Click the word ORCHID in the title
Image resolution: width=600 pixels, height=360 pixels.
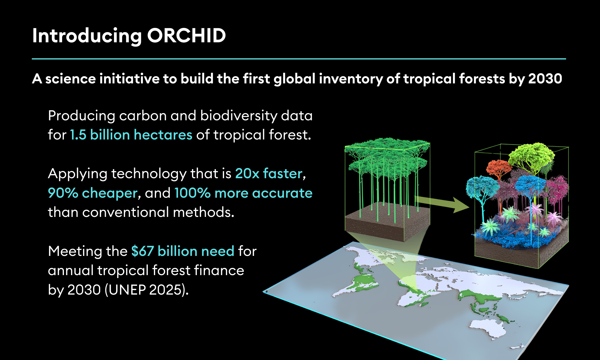tap(186, 36)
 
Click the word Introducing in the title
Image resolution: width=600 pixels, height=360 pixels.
tap(87, 36)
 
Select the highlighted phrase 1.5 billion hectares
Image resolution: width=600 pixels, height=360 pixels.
tap(131, 135)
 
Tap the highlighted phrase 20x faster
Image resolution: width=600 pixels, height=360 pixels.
tap(268, 173)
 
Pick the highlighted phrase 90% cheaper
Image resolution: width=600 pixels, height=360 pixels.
tap(93, 193)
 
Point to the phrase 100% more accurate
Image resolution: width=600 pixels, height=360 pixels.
tap(243, 193)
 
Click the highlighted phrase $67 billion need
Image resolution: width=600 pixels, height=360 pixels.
tap(183, 251)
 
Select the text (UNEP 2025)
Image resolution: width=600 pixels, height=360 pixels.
tap(147, 290)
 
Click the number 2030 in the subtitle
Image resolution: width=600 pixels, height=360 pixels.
tap(545, 79)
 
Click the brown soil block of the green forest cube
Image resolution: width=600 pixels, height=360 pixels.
tap(387, 222)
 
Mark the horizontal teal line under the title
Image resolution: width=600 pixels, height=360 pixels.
tap(299, 59)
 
